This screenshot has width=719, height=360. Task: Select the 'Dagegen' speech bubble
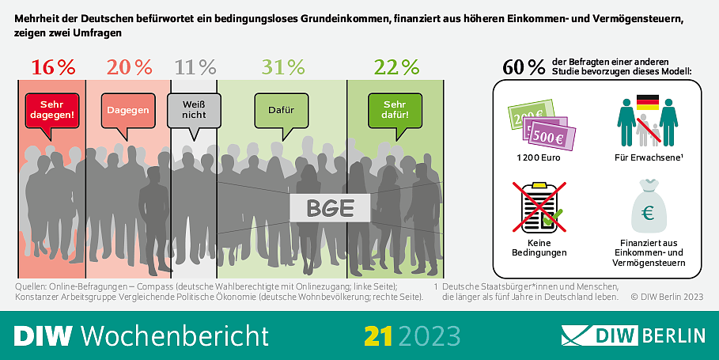coord(127,112)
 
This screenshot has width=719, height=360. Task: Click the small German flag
coord(647,103)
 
